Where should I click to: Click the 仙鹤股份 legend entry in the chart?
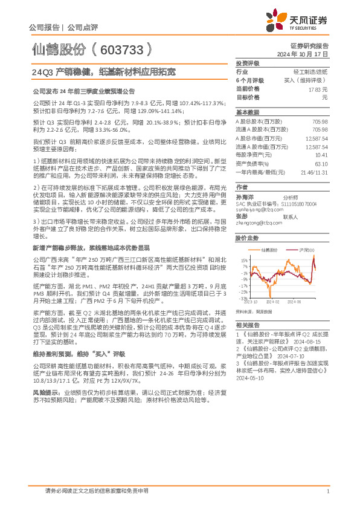pyautogui.click(x=271, y=249)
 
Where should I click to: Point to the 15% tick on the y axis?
pyautogui.click(x=243, y=260)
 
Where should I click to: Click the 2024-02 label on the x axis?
pyautogui.click(x=273, y=300)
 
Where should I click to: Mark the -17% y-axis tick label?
pyautogui.click(x=242, y=285)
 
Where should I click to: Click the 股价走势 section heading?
pyautogui.click(x=247, y=238)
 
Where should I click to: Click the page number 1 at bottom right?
pyautogui.click(x=327, y=491)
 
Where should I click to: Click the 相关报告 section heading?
pyautogui.click(x=247, y=325)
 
